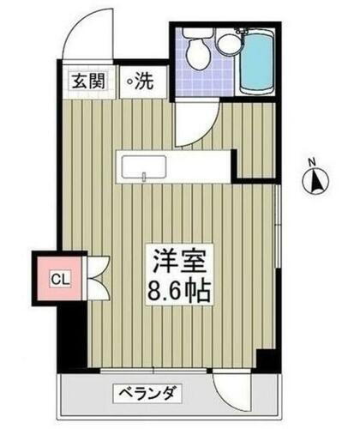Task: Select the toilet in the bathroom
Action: click(x=196, y=53)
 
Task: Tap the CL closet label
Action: click(x=59, y=278)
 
